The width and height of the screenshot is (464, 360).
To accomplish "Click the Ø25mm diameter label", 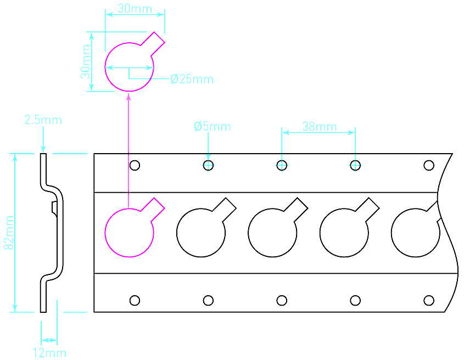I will tap(192, 79).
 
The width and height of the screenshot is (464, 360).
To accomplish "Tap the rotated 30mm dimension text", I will tap(86, 61).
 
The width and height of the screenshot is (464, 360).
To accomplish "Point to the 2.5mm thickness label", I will tap(43, 120).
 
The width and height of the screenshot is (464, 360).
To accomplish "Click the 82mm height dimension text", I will tap(9, 233).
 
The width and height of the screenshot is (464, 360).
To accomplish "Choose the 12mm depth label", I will tap(49, 353).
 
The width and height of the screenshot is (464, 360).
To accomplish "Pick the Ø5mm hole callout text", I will tap(212, 127).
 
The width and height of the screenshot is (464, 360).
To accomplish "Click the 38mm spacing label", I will tap(319, 127).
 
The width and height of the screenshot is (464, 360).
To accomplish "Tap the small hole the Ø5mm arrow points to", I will tap(208, 165).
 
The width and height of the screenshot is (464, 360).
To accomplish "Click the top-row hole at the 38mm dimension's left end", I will tap(282, 165).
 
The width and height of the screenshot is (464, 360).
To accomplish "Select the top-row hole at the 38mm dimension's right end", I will tap(355, 165).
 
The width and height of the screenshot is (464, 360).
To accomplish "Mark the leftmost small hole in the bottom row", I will tap(135, 300).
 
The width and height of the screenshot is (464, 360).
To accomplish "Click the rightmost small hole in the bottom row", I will tap(429, 300).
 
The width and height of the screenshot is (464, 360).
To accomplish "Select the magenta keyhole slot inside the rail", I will tap(130, 232).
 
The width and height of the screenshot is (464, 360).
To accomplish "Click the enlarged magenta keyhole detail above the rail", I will tap(130, 66).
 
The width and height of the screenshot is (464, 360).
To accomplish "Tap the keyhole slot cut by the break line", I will tap(415, 232).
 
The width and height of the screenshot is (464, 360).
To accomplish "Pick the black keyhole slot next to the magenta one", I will tap(201, 232).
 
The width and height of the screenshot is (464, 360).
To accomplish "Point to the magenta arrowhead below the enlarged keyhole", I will tap(128, 97).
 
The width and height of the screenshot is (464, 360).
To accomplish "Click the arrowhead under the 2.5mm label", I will tap(43, 149).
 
